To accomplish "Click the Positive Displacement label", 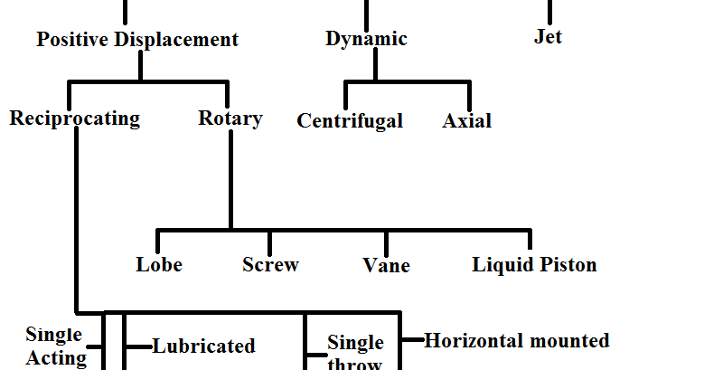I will tap(137, 40).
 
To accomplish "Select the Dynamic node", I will tap(366, 39).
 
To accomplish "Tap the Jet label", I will tap(549, 37).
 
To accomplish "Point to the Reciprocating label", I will tap(75, 119).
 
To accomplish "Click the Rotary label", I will tap(230, 119).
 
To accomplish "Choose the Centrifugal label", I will tap(350, 121).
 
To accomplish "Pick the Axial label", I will tap(467, 121).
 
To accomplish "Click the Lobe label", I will tap(159, 265).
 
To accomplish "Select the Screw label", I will tap(270, 265).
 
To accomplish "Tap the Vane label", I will tap(386, 266).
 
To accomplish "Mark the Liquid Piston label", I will tap(534, 265).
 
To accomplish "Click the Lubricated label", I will tap(204, 346).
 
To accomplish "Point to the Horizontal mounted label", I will tap(517, 341).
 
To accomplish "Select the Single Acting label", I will tap(56, 346).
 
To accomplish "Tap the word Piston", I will tap(566, 265).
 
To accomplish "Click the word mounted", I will tap(568, 341).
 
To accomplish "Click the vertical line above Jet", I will tap(549, 11).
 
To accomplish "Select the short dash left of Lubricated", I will tap(138, 346).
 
